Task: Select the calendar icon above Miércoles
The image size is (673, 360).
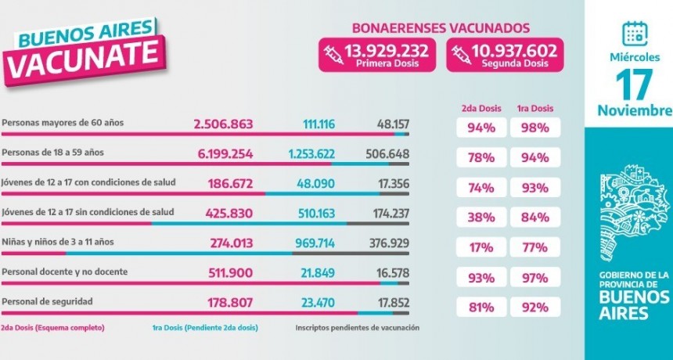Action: click(x=633, y=32)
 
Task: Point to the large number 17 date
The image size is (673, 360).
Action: click(x=634, y=83)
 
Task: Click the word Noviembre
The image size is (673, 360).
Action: click(x=634, y=110)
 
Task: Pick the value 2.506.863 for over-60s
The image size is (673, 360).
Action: click(x=223, y=124)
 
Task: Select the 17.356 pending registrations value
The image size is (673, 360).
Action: click(x=393, y=184)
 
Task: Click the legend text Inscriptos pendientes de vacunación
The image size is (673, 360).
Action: click(x=357, y=327)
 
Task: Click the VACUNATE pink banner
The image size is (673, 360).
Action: click(x=87, y=59)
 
